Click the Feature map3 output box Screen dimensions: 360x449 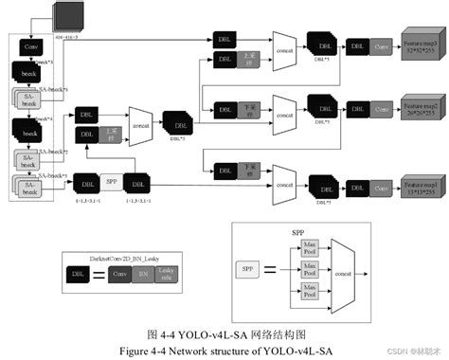point(421,46)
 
